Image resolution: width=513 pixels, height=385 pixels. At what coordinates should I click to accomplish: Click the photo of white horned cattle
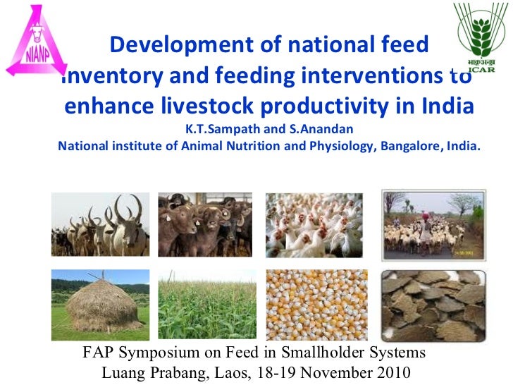point(100,224)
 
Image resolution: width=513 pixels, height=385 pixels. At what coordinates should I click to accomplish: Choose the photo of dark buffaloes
point(205,224)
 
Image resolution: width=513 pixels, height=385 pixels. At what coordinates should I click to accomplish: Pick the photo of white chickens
point(314,224)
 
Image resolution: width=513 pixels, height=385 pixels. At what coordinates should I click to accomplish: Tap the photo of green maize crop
point(206,305)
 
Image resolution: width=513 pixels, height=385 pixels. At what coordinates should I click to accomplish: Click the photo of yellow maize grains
point(314,305)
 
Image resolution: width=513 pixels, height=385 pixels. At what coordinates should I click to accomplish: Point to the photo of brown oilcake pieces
point(433,305)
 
